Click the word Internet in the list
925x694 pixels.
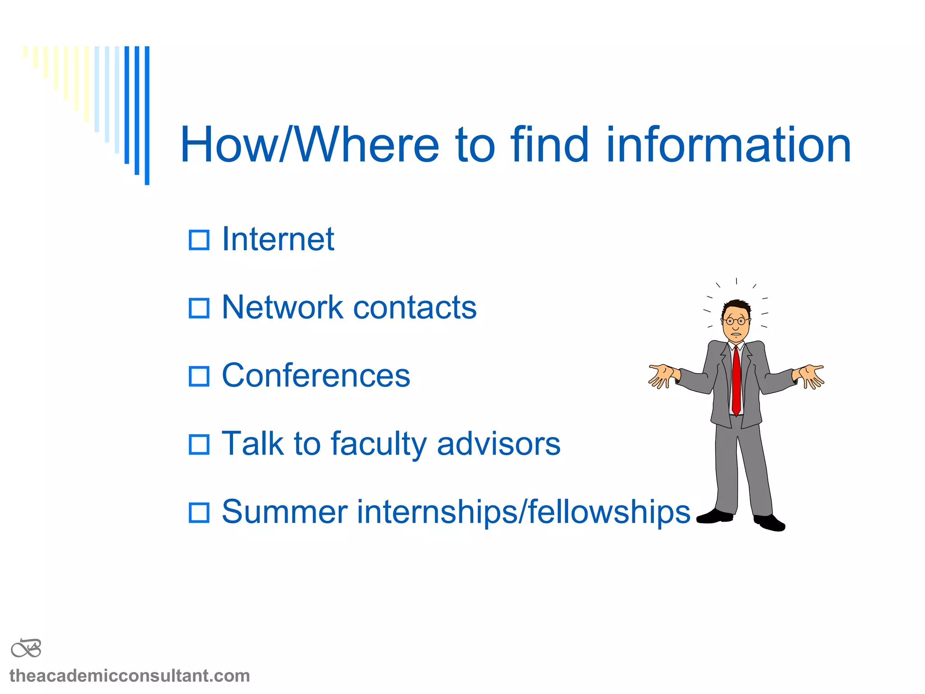[278, 239]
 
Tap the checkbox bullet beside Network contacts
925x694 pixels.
[199, 308]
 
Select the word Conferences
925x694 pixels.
[316, 375]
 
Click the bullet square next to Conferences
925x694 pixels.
[199, 376]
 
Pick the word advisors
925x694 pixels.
[498, 444]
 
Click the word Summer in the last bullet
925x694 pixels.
[284, 512]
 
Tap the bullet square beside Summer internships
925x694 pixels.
[199, 513]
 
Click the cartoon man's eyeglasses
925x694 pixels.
[735, 321]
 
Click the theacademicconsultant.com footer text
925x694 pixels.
[130, 676]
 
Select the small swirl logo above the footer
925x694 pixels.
[26, 648]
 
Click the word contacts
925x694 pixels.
[415, 308]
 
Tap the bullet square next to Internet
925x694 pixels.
[199, 240]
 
